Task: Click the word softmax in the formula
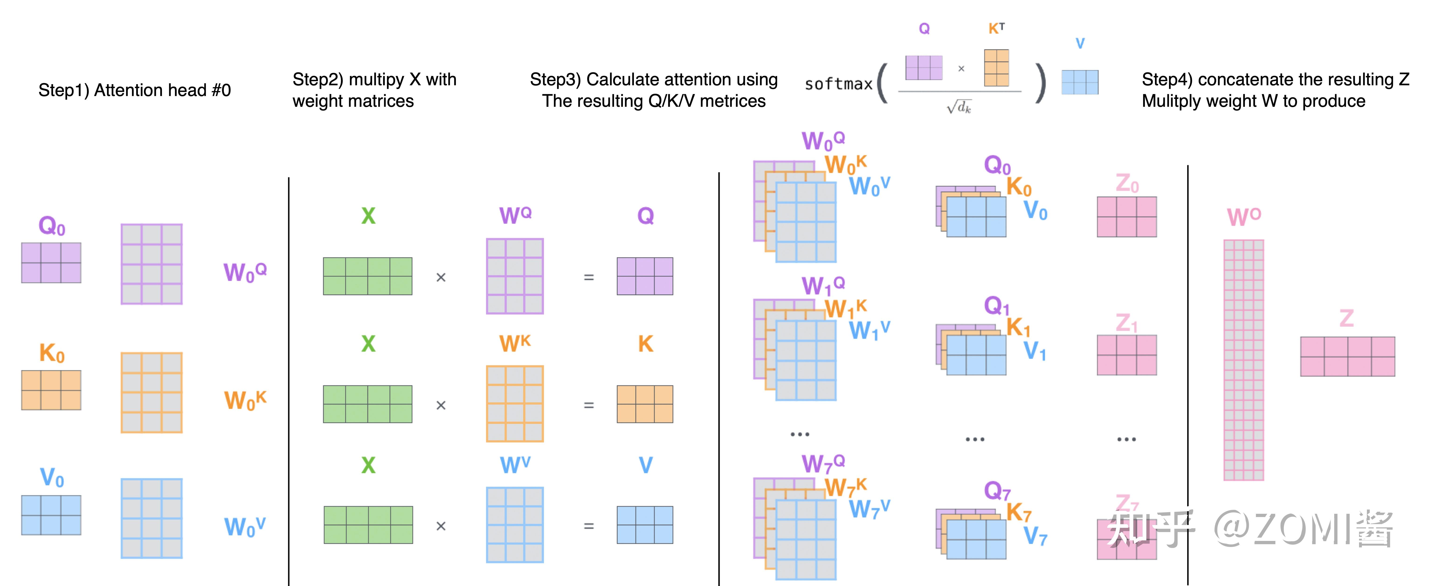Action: point(838,84)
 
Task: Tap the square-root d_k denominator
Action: point(959,106)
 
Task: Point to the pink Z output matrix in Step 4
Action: point(1347,356)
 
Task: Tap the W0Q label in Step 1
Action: point(245,272)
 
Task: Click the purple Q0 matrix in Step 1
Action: point(51,262)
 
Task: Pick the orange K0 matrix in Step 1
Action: point(51,390)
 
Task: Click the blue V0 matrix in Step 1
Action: point(51,515)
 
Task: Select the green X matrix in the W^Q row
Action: point(368,276)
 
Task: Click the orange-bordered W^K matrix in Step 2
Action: point(515,404)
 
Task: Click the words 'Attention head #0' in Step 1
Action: point(162,90)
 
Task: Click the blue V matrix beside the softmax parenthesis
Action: point(1080,82)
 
